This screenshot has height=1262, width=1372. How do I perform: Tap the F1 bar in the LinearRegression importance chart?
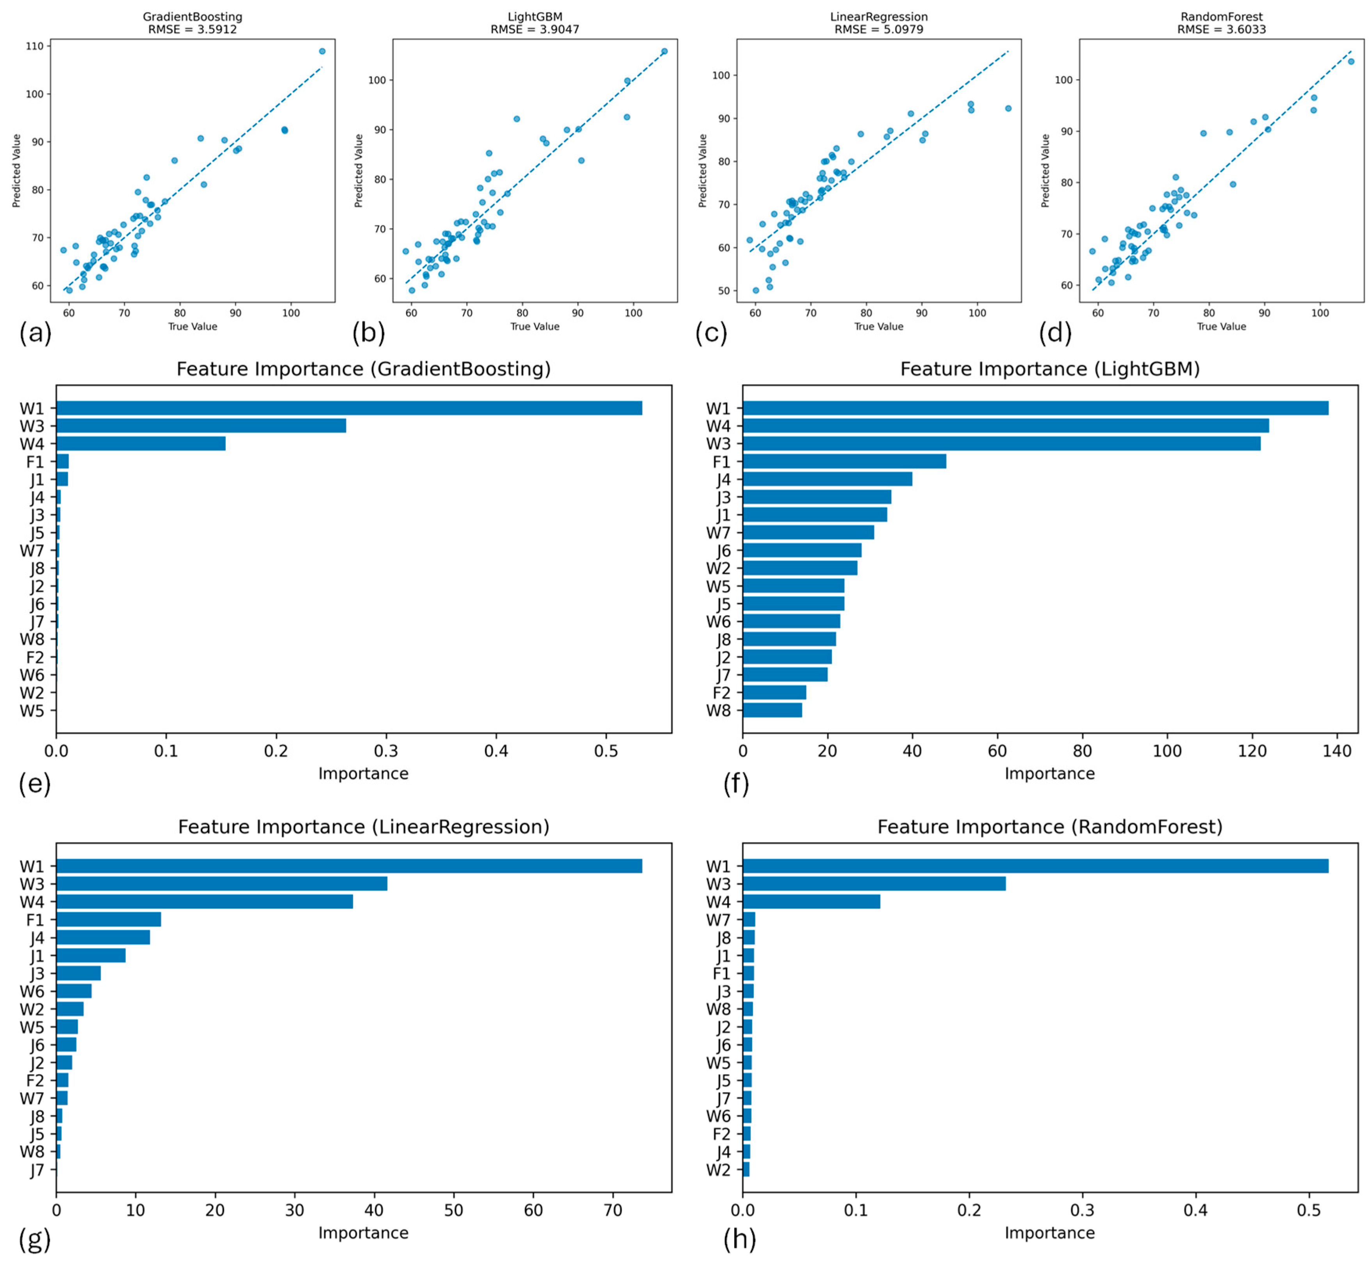click(x=108, y=919)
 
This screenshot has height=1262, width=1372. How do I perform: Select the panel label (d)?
click(x=1054, y=333)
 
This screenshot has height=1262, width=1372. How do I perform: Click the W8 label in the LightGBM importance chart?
click(x=718, y=710)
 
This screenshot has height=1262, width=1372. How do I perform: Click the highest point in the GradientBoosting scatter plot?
click(x=322, y=51)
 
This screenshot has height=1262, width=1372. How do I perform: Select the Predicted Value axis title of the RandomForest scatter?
click(x=1045, y=171)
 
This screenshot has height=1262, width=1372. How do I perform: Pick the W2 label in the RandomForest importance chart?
click(x=718, y=1171)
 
